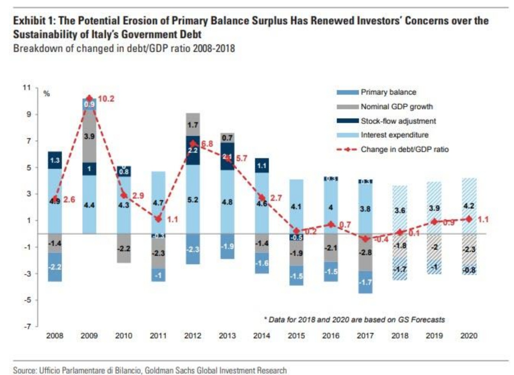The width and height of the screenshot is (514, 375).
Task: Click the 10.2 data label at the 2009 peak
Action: (106, 99)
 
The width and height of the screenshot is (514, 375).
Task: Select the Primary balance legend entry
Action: (388, 92)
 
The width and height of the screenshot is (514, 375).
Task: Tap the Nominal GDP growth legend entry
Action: (396, 107)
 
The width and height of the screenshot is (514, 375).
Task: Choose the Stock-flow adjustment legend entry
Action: (398, 121)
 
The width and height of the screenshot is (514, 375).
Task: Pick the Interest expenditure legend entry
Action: (394, 135)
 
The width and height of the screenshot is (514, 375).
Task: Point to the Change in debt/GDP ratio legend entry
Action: (404, 149)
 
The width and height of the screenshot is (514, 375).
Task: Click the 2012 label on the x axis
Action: (192, 336)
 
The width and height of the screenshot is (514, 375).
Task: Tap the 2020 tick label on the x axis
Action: (469, 336)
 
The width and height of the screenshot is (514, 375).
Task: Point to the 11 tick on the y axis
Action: (26, 88)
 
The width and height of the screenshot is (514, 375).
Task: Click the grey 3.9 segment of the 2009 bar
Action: (89, 137)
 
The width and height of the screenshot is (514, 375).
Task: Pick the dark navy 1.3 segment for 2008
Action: (55, 160)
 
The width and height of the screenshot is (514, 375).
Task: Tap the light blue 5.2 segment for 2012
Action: (192, 200)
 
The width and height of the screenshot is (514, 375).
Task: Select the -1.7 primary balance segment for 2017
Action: (365, 283)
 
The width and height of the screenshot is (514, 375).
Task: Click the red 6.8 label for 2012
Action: (207, 144)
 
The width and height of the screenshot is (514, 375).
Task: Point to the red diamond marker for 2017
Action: (365, 239)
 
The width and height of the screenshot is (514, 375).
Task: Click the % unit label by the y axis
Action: (47, 94)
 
